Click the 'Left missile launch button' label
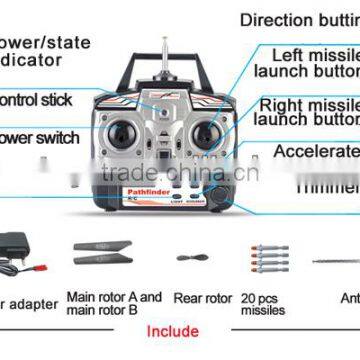(306, 63)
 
